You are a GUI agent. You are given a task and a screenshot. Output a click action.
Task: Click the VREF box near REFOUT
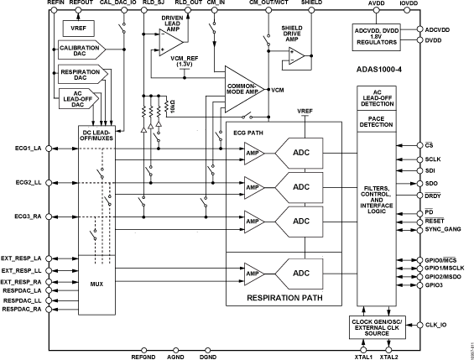[77, 29]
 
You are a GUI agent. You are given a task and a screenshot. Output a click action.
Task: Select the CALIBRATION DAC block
[80, 52]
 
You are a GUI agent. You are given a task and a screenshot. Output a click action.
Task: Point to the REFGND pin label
[144, 356]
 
